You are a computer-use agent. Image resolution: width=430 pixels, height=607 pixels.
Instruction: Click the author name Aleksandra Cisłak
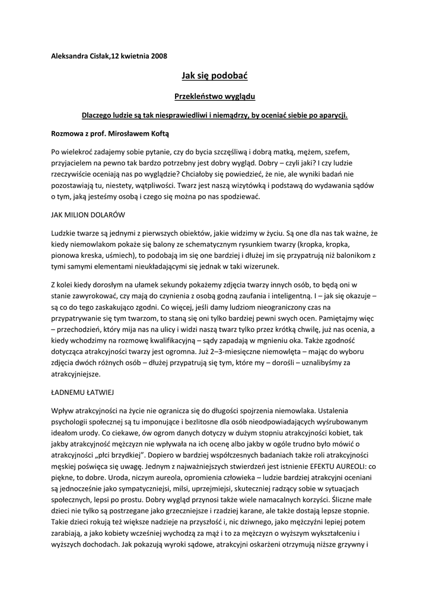click(81, 56)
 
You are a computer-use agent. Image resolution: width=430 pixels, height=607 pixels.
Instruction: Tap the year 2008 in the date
click(159, 56)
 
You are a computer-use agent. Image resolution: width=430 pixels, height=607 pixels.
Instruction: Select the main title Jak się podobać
click(214, 76)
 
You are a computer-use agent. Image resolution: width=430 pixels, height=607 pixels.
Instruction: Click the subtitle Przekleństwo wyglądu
click(214, 95)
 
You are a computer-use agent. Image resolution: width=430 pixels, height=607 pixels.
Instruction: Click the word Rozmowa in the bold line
click(67, 134)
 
